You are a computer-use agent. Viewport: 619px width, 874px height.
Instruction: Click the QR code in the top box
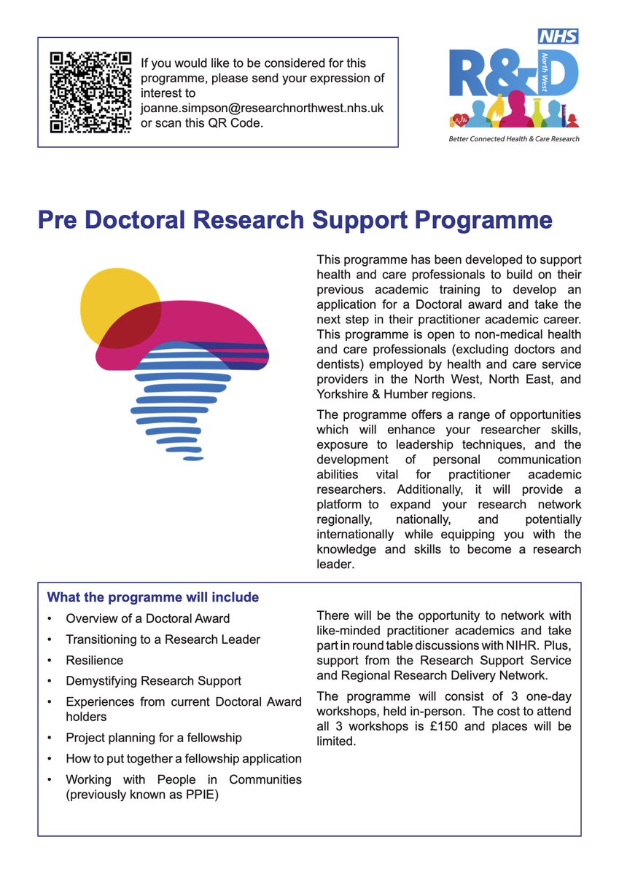point(90,92)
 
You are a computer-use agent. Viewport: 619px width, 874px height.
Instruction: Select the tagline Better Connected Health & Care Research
point(514,138)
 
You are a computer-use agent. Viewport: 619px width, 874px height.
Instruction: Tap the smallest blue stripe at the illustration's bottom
point(193,458)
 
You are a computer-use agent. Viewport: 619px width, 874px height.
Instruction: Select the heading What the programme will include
point(153,597)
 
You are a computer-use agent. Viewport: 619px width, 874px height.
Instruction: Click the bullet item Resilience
point(95,660)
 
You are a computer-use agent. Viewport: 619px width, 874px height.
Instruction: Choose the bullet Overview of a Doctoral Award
point(148,618)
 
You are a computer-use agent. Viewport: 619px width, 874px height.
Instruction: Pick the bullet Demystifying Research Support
point(153,681)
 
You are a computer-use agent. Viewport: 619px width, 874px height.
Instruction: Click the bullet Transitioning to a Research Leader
point(163,639)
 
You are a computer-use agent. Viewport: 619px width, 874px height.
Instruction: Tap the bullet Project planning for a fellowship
point(154,738)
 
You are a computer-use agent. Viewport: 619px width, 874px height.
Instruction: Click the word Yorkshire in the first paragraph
point(343,394)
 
